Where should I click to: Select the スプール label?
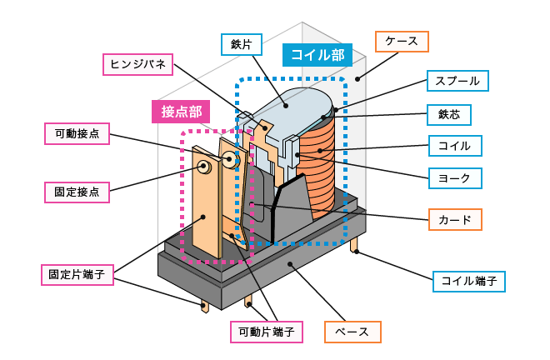[457, 81]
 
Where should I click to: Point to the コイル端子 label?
[468, 282]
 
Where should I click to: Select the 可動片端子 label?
[266, 332]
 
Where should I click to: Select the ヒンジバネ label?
[138, 64]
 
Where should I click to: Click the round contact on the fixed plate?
[204, 167]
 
